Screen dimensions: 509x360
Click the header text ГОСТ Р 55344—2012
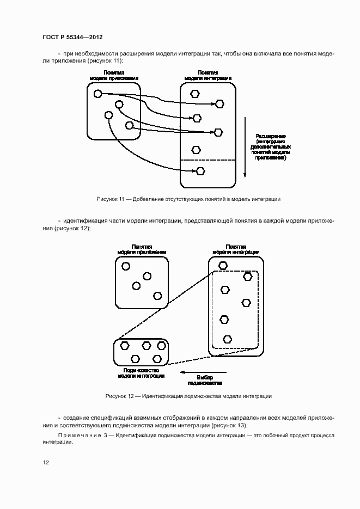[72, 37]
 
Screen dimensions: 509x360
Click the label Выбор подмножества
[204, 380]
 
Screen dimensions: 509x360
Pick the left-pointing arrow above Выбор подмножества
[196, 373]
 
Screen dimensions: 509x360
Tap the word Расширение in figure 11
[271, 136]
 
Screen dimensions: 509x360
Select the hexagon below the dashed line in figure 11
[200, 171]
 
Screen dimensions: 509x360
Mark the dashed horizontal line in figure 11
[208, 160]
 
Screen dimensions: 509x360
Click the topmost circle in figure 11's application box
[98, 94]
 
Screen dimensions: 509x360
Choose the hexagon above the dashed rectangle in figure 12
[223, 266]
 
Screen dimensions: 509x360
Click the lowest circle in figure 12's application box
[157, 296]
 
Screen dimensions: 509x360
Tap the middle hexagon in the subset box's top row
[146, 346]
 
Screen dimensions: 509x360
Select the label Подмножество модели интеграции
[141, 372]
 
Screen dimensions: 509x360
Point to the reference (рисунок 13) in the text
[228, 425]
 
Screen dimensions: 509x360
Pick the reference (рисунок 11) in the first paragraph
[102, 60]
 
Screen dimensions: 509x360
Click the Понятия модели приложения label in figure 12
[142, 249]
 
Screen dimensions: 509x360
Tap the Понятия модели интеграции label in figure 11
[208, 75]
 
